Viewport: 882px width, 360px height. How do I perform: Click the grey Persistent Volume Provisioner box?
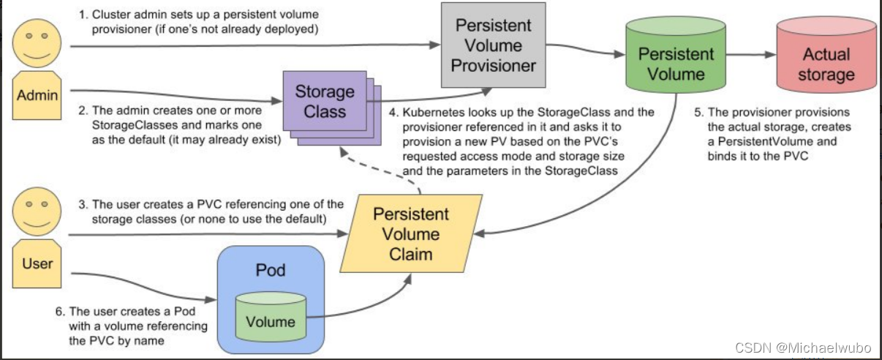coord(493,45)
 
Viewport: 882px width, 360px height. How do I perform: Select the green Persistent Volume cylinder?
coord(676,55)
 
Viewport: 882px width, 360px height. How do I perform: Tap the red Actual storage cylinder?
coord(826,55)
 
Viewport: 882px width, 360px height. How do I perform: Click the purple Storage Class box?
coord(325,101)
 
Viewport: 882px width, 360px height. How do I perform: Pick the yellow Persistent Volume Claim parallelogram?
coord(411,233)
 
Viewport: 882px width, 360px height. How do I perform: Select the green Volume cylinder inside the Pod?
coord(271,316)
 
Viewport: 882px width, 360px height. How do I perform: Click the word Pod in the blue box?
coord(271,270)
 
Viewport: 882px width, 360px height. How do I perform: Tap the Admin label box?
coord(37,95)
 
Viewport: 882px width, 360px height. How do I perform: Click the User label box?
coord(37,263)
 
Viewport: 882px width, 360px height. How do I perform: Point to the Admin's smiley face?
coord(37,43)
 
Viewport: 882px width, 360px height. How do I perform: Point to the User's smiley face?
coord(37,211)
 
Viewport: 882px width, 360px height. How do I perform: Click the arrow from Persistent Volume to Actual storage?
coord(751,55)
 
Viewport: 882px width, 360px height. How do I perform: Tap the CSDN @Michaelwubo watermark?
coord(803,348)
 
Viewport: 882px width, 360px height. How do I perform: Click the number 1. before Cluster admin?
coord(83,15)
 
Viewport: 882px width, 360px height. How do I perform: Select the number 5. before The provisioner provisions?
coord(698,112)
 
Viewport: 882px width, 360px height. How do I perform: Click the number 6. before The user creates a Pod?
coord(60,312)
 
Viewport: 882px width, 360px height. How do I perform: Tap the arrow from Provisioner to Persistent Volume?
coord(586,49)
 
